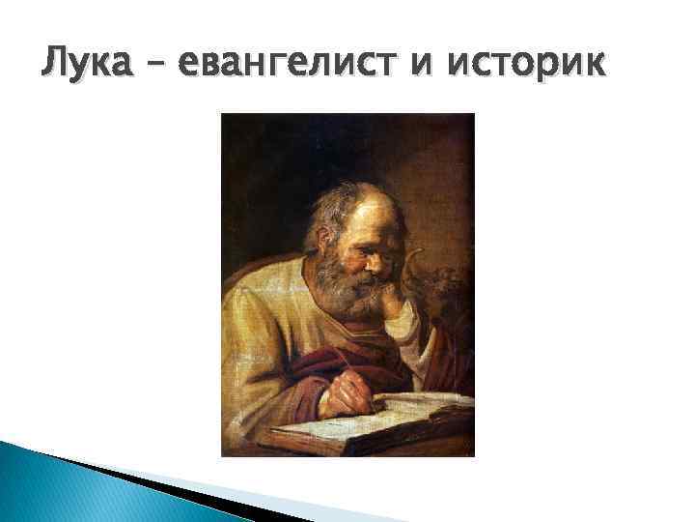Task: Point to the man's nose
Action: (x=380, y=258)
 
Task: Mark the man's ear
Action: (x=339, y=237)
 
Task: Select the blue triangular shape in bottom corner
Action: (x=39, y=483)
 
